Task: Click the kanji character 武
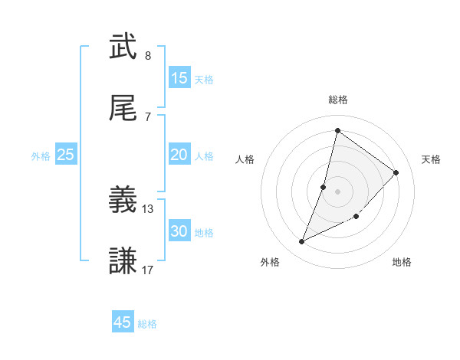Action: tap(123, 47)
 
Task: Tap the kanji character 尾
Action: tap(123, 108)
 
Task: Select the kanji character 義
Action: tap(123, 201)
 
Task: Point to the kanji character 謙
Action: tap(123, 261)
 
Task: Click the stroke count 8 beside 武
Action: tap(148, 56)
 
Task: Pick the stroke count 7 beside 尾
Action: tap(148, 116)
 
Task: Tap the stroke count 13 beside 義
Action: tap(148, 208)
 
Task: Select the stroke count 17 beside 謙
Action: tap(148, 270)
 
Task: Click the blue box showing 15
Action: tap(179, 78)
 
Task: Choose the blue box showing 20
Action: tap(179, 155)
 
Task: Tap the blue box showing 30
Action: tap(179, 231)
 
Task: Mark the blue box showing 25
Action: tap(66, 155)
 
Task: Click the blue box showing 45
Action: tap(123, 322)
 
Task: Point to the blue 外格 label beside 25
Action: tap(41, 155)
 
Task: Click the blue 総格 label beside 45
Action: tap(147, 324)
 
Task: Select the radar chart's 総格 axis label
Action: tap(337, 100)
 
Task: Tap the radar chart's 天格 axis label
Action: tap(431, 159)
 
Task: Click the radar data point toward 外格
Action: tap(302, 242)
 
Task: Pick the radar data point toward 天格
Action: tap(396, 172)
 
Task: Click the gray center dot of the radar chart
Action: tap(337, 191)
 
